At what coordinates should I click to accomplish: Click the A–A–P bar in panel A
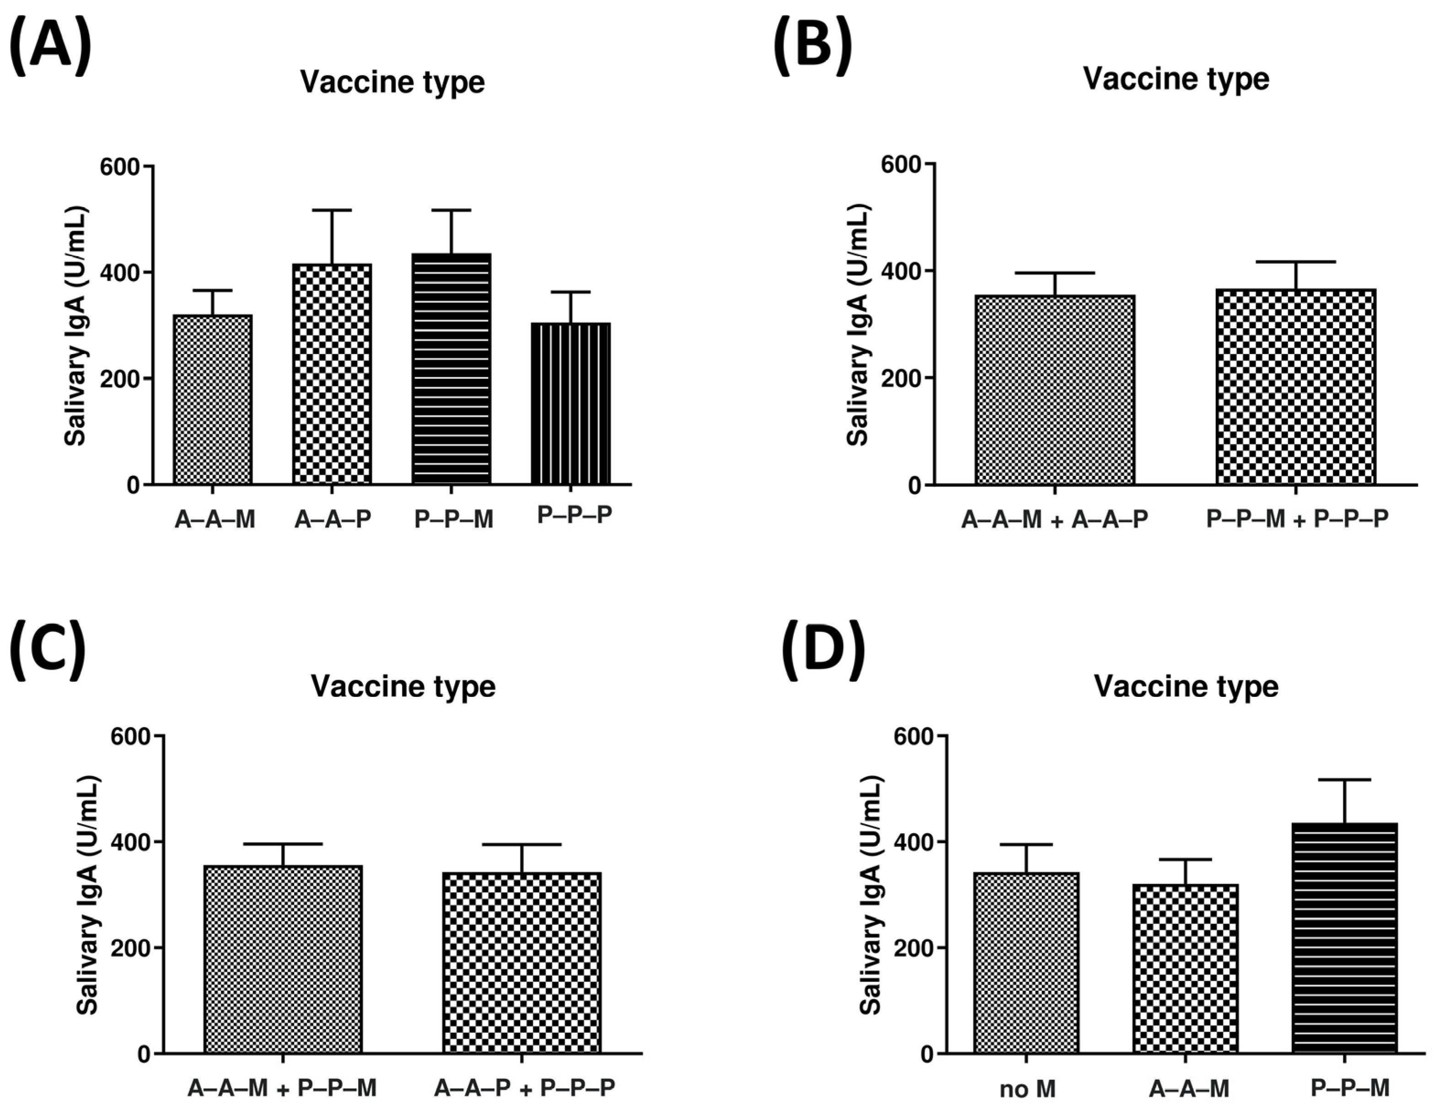332,374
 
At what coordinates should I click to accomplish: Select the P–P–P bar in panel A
570,404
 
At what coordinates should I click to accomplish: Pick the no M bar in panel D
1026,963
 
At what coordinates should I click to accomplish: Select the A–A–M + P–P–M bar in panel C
283,959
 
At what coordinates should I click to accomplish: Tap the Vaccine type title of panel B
1175,79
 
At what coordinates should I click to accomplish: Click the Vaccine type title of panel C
403,686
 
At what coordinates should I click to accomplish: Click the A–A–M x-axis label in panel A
215,520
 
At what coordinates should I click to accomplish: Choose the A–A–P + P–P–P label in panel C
524,1089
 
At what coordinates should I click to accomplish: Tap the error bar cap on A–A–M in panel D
1186,859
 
